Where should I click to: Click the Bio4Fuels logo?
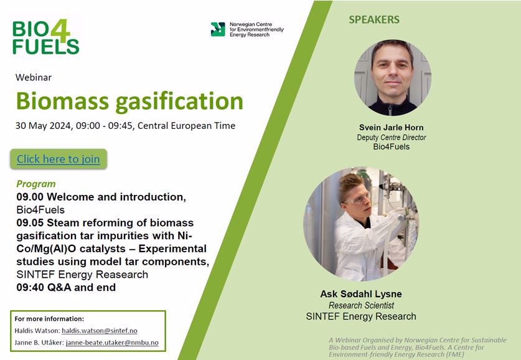pos(46,37)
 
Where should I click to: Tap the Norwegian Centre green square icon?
pos(218,29)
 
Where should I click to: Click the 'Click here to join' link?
pos(59,159)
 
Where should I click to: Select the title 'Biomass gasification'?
pos(129,101)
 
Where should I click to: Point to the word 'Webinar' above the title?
pos(34,77)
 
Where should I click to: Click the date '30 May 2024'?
pos(43,126)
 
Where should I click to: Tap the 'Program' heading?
pos(36,184)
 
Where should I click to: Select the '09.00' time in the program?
pos(30,197)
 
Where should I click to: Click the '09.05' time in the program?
pos(30,223)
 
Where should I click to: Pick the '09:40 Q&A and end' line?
pos(66,287)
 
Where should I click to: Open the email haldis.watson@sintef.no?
pos(100,331)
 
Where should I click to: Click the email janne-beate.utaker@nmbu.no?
pos(112,343)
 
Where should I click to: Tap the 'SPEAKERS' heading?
pos(374,19)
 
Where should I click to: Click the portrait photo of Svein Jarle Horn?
pos(393,77)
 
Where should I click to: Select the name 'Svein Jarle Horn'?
pos(392,127)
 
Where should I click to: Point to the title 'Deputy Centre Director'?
pos(392,137)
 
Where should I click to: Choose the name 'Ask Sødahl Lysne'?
pos(361,294)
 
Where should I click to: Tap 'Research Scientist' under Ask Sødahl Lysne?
pos(361,305)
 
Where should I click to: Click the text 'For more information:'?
pos(49,319)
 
